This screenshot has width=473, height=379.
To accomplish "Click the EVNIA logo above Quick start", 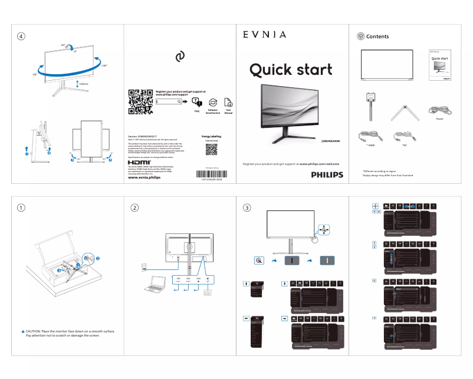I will (x=265, y=35).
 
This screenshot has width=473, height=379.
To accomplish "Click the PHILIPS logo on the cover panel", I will (x=326, y=174).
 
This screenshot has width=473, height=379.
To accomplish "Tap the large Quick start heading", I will (x=291, y=70).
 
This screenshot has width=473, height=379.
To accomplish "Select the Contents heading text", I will (x=377, y=37).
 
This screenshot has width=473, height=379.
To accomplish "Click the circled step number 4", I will (x=21, y=36).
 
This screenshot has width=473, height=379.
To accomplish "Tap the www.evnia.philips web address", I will (x=144, y=177).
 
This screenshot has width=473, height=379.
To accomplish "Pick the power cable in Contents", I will (x=439, y=110).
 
